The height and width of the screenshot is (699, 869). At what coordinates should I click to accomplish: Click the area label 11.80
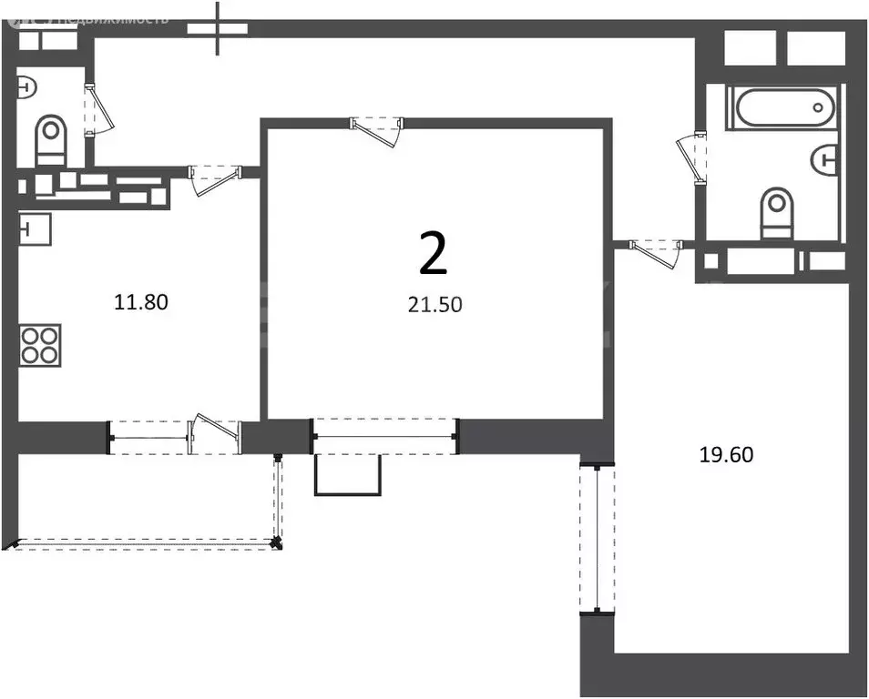pos(140,301)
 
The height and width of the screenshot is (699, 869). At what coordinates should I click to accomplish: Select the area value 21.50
pos(434,305)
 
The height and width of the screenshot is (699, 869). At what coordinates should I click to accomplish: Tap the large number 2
pos(433,253)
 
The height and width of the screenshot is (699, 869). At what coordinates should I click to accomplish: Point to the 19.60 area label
pos(726,455)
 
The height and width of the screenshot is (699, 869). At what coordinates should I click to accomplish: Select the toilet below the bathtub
pos(776,212)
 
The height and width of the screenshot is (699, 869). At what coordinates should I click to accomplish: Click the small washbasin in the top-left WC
pos(26,88)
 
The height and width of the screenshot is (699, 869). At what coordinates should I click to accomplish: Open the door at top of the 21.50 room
pos(377,129)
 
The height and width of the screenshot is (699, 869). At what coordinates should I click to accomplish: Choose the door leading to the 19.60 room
pos(659,251)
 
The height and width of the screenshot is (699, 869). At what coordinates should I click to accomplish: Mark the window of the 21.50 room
pos(384,436)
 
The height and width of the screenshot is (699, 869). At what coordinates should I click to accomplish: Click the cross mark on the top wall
pos(217,26)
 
